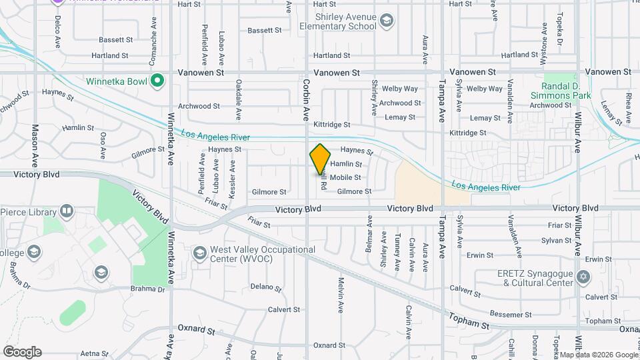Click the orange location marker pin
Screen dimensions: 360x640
pyautogui.click(x=321, y=159)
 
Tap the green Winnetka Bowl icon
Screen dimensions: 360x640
pyautogui.click(x=157, y=82)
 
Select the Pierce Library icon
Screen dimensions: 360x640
pyautogui.click(x=67, y=212)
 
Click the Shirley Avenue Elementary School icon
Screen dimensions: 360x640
pyautogui.click(x=386, y=21)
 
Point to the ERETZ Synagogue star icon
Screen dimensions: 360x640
pyautogui.click(x=584, y=276)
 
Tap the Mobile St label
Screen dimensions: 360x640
pyautogui.click(x=345, y=177)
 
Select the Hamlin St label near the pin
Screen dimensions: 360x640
pyautogui.click(x=346, y=164)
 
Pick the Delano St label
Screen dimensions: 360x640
pyautogui.click(x=266, y=287)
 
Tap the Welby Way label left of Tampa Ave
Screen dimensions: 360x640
pyautogui.click(x=399, y=89)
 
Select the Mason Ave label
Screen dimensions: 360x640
pyautogui.click(x=35, y=146)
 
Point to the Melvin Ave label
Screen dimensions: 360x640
pyautogui.click(x=340, y=296)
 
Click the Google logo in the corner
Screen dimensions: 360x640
pyautogui.click(x=22, y=352)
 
